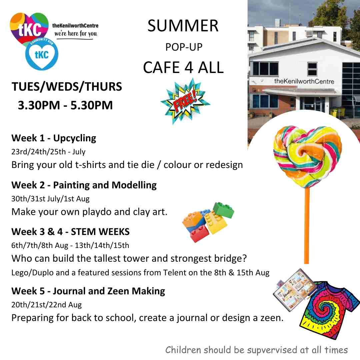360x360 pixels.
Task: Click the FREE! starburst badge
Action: click(x=185, y=101)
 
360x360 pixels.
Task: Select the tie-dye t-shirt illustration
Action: click(x=330, y=310)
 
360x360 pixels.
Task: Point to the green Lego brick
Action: click(x=223, y=210)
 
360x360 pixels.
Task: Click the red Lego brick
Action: click(x=199, y=233)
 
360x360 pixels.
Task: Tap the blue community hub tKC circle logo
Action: click(x=42, y=54)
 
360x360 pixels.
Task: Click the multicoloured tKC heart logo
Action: click(x=29, y=28)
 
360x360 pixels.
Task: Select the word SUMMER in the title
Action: click(x=183, y=26)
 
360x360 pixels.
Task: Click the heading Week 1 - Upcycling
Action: click(x=54, y=138)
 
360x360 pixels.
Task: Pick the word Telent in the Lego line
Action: click(x=175, y=273)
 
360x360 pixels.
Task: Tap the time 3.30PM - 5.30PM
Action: click(x=65, y=105)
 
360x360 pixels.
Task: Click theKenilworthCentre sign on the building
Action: click(x=304, y=81)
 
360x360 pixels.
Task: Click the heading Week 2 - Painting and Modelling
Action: click(x=84, y=185)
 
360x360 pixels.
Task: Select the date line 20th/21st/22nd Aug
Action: click(x=46, y=305)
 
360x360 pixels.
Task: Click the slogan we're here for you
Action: click(x=76, y=34)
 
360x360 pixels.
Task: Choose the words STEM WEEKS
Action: click(x=100, y=232)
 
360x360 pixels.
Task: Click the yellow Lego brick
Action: click(x=215, y=222)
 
